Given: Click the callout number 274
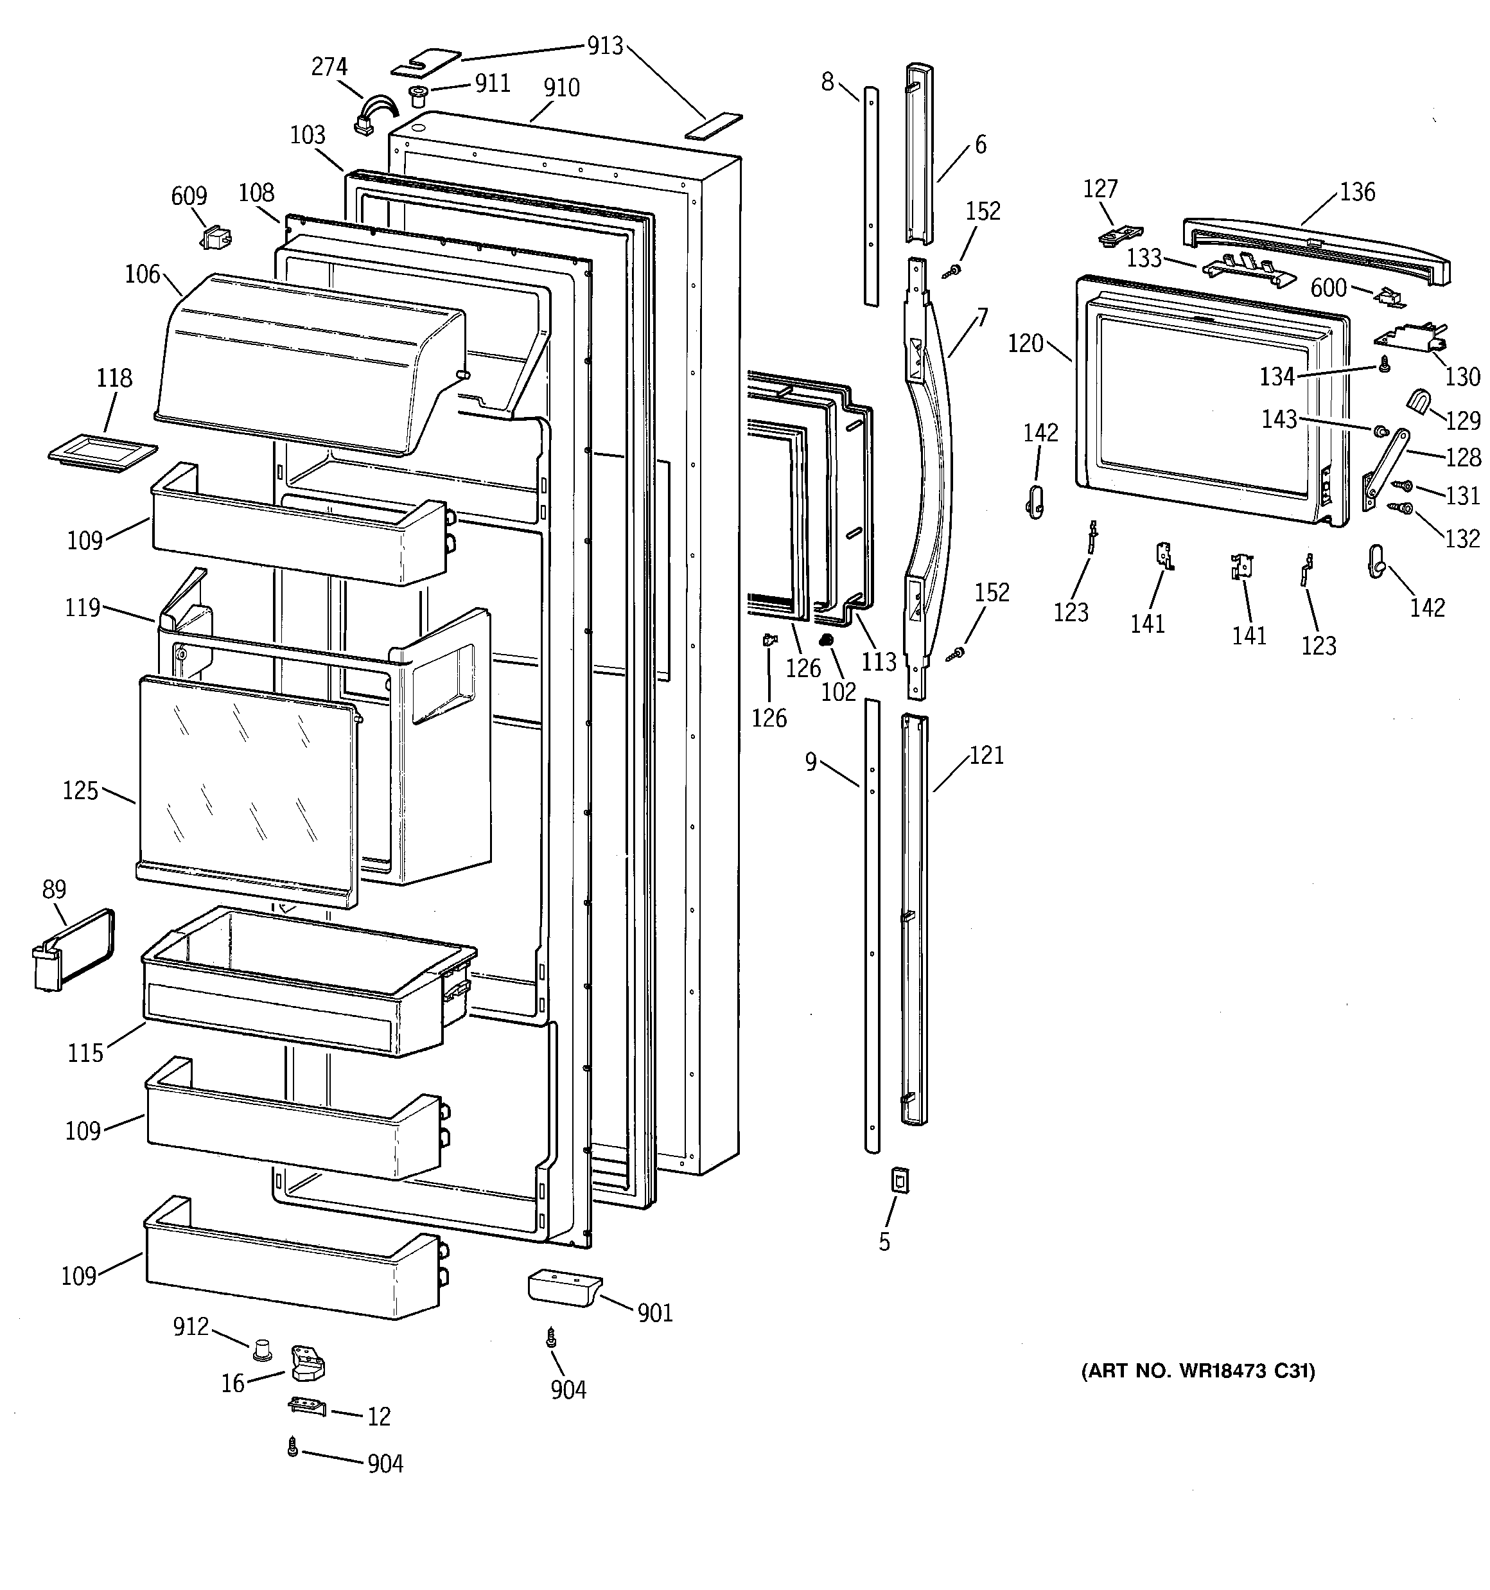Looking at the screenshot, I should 329,67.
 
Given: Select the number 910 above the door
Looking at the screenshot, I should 561,88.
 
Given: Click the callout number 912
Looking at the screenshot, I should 190,1327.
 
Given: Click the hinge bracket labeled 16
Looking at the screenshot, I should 307,1363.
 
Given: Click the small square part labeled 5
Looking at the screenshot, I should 900,1179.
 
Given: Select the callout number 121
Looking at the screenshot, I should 986,755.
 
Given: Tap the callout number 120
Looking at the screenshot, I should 1025,344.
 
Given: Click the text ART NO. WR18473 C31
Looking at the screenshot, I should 1198,1371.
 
